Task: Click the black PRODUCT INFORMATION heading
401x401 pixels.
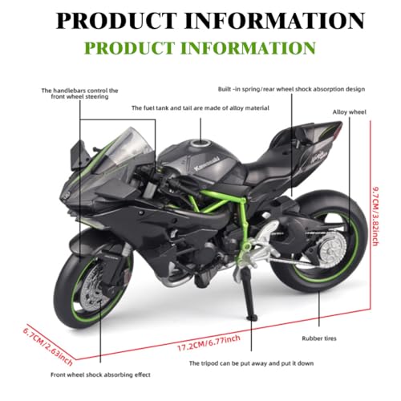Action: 210,21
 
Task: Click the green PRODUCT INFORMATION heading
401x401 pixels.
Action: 200,48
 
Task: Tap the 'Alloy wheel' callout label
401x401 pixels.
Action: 349,112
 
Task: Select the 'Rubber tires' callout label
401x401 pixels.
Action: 319,338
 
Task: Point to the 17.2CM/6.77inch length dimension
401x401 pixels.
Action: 209,343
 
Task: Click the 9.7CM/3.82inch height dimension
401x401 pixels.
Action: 376,217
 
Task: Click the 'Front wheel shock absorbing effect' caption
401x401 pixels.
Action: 100,375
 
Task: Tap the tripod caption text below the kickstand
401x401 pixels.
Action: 251,363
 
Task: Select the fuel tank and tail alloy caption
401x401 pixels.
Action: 200,108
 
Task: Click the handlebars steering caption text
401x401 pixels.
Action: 79,94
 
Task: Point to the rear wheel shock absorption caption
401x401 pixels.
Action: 291,89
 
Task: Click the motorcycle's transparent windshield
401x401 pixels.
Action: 123,148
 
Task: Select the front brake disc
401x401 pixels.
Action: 94,284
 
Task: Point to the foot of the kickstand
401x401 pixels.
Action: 252,318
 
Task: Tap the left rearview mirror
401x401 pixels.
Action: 78,155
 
